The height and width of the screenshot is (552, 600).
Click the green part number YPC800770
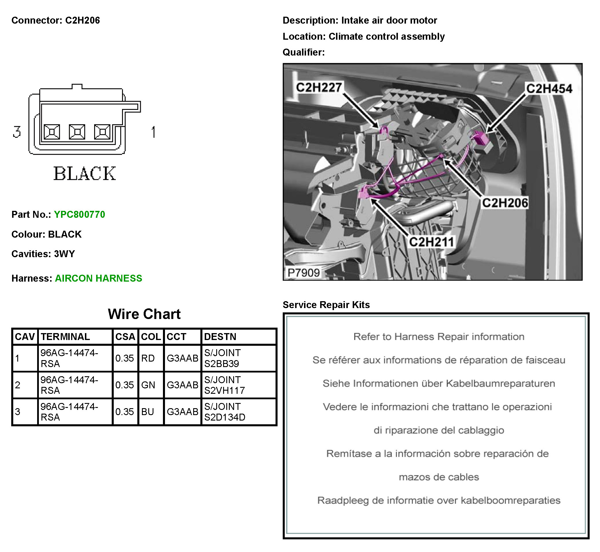(79, 215)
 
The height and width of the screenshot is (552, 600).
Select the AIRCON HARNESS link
(98, 278)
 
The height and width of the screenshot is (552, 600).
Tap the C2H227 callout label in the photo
(319, 87)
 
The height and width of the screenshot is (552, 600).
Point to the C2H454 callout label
(549, 89)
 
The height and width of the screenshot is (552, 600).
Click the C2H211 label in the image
(431, 242)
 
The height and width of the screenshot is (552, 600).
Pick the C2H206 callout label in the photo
(505, 203)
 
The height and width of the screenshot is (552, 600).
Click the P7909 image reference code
(303, 273)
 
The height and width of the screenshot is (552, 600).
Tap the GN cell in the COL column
(148, 385)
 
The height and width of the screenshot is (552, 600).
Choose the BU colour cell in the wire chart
(147, 412)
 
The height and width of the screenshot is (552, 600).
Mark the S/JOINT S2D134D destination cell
(225, 412)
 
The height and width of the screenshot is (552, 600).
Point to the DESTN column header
(220, 337)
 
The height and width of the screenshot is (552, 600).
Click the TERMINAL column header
(65, 337)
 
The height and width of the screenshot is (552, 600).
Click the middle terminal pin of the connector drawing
(77, 132)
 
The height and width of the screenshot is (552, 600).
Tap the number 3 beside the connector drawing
(17, 132)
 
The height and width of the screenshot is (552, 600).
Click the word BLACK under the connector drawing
(85, 173)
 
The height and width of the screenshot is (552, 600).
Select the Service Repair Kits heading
(326, 305)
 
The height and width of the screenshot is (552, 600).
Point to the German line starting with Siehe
(438, 383)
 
